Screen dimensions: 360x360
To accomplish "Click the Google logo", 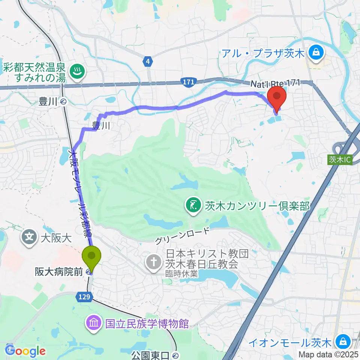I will (x=25, y=351).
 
